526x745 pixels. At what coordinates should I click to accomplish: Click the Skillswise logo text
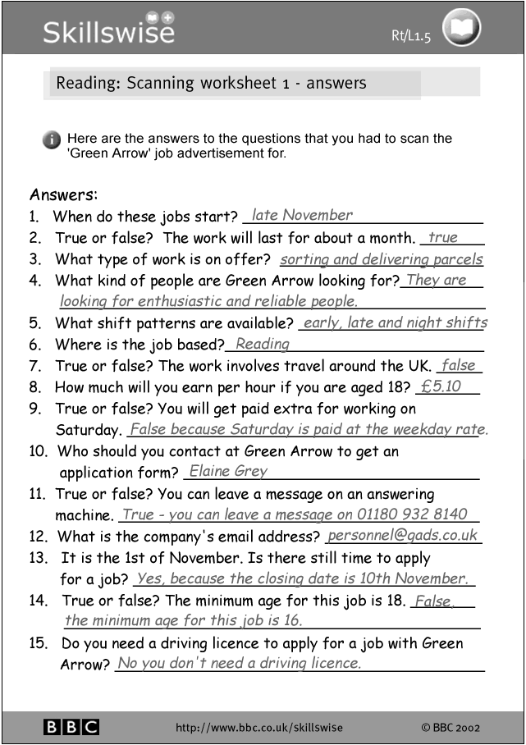coord(108,30)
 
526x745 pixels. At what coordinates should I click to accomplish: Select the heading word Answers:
coord(63,195)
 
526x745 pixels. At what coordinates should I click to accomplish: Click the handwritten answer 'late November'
coord(302,216)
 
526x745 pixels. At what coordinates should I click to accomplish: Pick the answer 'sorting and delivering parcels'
coord(381,259)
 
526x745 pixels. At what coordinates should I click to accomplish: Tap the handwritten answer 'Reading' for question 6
coord(262,345)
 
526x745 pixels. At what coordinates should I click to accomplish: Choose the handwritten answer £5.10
coord(441,386)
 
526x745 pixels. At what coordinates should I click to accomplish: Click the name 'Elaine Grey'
coord(228,472)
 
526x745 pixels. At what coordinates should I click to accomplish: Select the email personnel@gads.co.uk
coord(402,536)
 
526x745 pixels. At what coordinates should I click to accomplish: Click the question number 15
coord(38,643)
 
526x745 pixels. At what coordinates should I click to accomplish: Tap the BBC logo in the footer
coord(71,727)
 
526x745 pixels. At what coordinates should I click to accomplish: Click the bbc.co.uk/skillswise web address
coord(259,728)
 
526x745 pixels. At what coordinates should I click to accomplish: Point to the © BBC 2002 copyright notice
coord(451,728)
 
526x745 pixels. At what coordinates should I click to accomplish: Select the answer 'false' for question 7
coord(458,366)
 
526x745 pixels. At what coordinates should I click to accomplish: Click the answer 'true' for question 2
coord(443,238)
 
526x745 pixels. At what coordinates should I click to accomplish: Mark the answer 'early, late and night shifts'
coord(395,323)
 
